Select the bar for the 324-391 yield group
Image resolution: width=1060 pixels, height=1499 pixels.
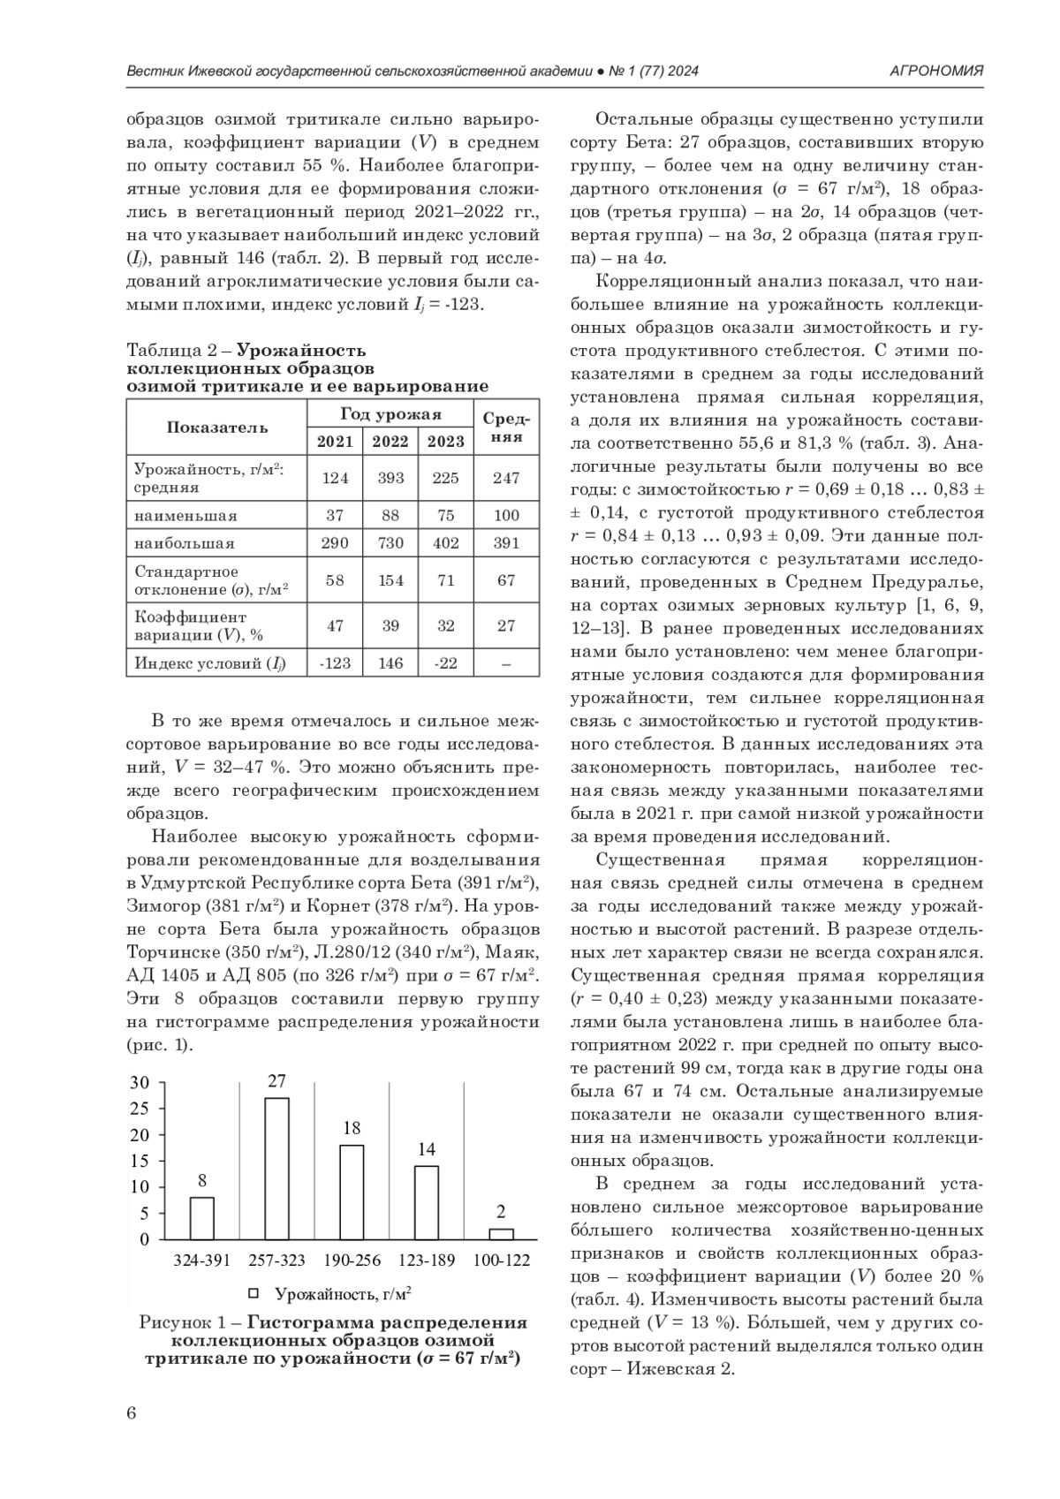tap(202, 1218)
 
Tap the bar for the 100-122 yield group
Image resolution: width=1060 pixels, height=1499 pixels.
tap(501, 1234)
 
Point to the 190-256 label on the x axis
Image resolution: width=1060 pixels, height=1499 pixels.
tap(352, 1261)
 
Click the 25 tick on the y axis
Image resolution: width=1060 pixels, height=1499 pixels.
tap(140, 1108)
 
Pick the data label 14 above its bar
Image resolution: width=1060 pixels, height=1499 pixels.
tap(427, 1149)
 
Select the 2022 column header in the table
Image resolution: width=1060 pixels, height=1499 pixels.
tap(390, 442)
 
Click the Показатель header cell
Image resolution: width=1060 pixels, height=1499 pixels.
tap(217, 428)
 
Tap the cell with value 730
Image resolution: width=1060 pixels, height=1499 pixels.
tap(390, 543)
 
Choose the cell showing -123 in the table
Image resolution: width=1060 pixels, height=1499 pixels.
tap(335, 662)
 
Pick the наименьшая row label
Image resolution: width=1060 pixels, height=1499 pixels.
tap(185, 515)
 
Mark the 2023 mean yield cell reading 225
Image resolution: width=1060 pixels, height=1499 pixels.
tap(446, 478)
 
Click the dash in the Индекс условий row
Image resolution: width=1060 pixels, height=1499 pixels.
tap(506, 662)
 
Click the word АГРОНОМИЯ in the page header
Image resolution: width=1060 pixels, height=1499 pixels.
tap(936, 71)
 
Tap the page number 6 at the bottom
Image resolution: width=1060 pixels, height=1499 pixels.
tap(132, 1412)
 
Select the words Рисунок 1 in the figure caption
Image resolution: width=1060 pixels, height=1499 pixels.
tap(184, 1322)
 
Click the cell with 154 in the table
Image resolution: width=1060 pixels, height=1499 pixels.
tap(390, 580)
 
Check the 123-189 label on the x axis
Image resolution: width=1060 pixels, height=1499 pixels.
tap(427, 1261)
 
